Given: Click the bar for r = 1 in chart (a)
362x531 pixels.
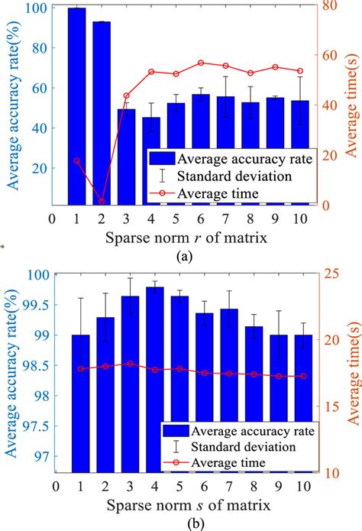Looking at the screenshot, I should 76,107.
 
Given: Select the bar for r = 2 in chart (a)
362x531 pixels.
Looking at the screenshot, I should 102,115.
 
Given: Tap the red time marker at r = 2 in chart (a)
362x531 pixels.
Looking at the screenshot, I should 102,201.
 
